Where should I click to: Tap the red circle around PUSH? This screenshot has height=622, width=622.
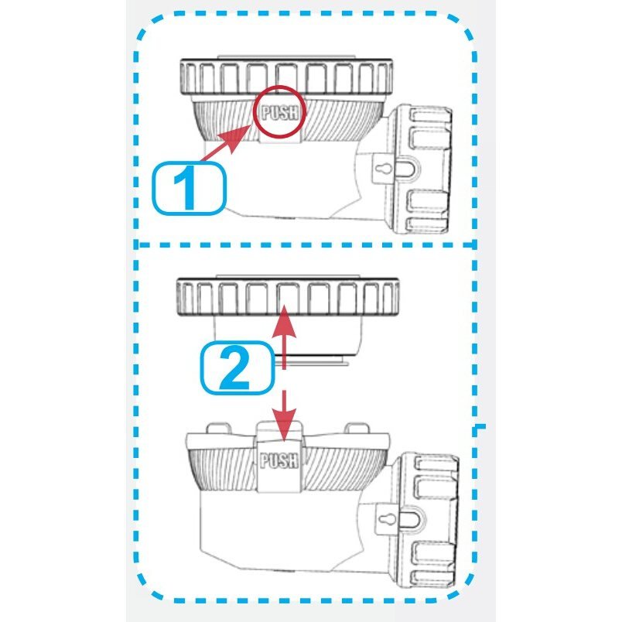[280, 87]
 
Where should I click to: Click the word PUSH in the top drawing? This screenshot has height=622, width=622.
[280, 112]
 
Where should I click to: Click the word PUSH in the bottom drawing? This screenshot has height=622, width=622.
[279, 460]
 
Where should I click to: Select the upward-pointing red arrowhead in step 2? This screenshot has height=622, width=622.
[284, 321]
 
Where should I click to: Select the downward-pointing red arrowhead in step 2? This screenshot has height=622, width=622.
[284, 425]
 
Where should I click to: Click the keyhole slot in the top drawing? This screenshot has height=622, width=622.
[384, 169]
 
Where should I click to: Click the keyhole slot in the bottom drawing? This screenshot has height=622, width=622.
[385, 519]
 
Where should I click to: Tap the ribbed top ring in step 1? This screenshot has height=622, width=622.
[286, 77]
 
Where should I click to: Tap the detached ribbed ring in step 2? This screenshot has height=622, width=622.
[288, 297]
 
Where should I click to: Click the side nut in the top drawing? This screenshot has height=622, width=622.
[421, 169]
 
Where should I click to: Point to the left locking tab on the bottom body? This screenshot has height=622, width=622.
[219, 429]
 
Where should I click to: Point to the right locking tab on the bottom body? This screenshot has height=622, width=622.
[357, 429]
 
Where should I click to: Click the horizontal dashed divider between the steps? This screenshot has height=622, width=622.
[306, 245]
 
